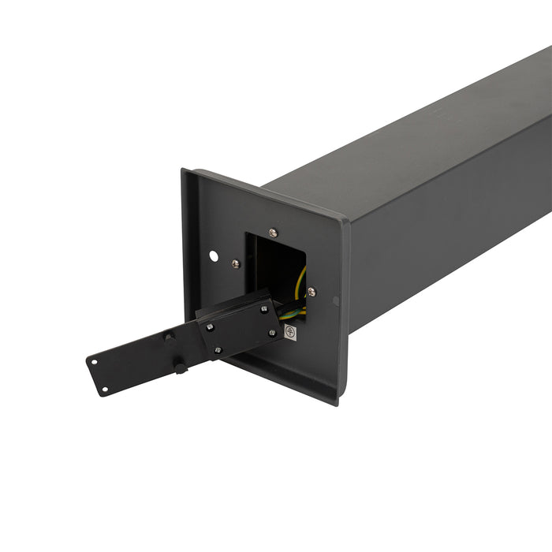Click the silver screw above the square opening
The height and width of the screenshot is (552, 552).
tap(273, 233)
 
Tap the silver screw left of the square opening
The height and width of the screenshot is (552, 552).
tap(235, 263)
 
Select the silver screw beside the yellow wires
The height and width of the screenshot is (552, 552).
tap(311, 291)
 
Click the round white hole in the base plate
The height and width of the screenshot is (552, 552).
tap(213, 255)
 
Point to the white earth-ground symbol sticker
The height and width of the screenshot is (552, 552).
tap(290, 332)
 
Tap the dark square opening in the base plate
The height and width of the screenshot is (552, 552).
tap(273, 264)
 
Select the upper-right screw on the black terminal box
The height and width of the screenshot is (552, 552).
tap(263, 309)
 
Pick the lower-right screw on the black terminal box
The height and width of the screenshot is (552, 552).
tap(272, 333)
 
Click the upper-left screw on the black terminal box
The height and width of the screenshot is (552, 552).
tap(209, 327)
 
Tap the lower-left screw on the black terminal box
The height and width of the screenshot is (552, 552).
tap(218, 350)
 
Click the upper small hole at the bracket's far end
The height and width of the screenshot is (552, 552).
tap(94, 363)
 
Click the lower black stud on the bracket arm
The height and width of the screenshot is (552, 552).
tap(180, 367)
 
